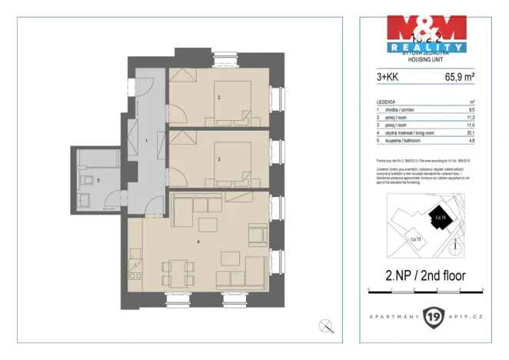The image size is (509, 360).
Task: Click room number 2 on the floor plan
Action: (219, 98)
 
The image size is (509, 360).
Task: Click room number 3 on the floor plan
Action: (219, 159)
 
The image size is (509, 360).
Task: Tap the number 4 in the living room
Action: (198, 243)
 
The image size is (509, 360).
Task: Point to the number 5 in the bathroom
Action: (98, 181)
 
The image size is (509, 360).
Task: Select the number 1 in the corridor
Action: (146, 142)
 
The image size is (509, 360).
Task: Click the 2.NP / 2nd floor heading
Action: (425, 275)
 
